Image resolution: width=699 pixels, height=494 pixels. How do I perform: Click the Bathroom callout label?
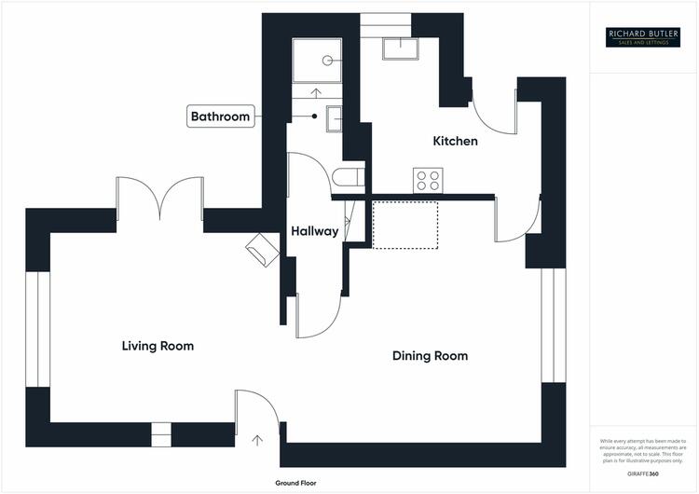[221, 117]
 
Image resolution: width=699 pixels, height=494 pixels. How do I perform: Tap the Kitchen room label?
[455, 142]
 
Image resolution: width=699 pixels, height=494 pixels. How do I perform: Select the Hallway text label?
[314, 231]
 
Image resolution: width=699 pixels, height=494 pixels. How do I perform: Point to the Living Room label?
[158, 346]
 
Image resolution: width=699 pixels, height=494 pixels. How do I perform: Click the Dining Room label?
[430, 356]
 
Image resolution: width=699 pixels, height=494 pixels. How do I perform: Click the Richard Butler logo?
[644, 36]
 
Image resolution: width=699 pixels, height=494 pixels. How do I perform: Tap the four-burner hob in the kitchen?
[428, 180]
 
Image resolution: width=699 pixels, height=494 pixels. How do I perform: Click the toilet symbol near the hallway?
[347, 177]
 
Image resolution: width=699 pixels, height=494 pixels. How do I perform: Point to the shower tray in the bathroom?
[318, 60]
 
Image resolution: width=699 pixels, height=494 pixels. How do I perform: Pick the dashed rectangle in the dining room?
[405, 225]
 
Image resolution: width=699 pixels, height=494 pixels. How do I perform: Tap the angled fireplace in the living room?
[262, 249]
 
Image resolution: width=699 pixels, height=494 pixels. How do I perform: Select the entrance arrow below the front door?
[257, 439]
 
